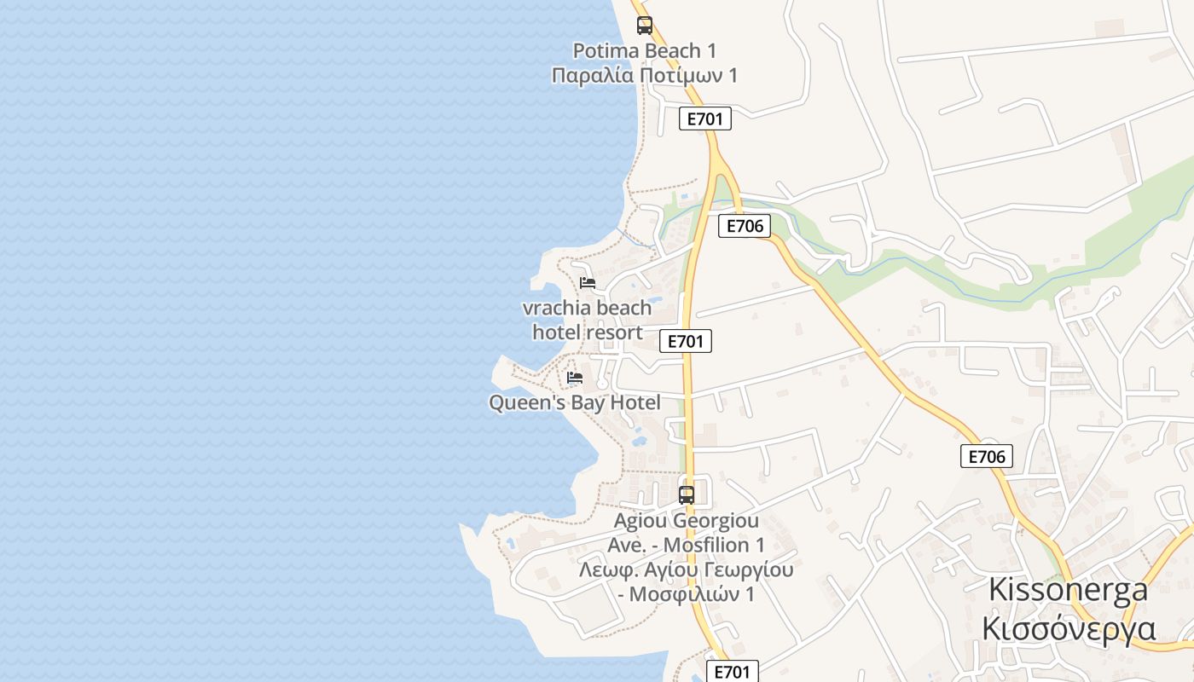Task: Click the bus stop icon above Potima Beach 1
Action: (x=645, y=26)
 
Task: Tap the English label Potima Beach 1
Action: (x=644, y=51)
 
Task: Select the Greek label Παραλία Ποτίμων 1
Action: (x=644, y=76)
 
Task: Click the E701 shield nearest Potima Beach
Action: (x=705, y=118)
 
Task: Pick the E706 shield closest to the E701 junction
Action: (x=744, y=226)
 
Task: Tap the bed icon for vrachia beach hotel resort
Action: (x=588, y=283)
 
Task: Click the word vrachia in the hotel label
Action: (x=556, y=308)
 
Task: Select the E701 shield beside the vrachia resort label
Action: (x=685, y=342)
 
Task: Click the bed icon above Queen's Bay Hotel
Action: (x=575, y=377)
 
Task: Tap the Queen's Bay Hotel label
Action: (x=575, y=402)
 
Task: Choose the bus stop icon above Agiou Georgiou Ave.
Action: (x=687, y=494)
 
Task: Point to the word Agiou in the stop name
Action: (x=640, y=520)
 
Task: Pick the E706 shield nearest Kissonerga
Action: (x=987, y=456)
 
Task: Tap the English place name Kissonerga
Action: (x=1068, y=589)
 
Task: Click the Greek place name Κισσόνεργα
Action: (x=1068, y=628)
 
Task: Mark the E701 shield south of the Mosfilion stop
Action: (x=732, y=672)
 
